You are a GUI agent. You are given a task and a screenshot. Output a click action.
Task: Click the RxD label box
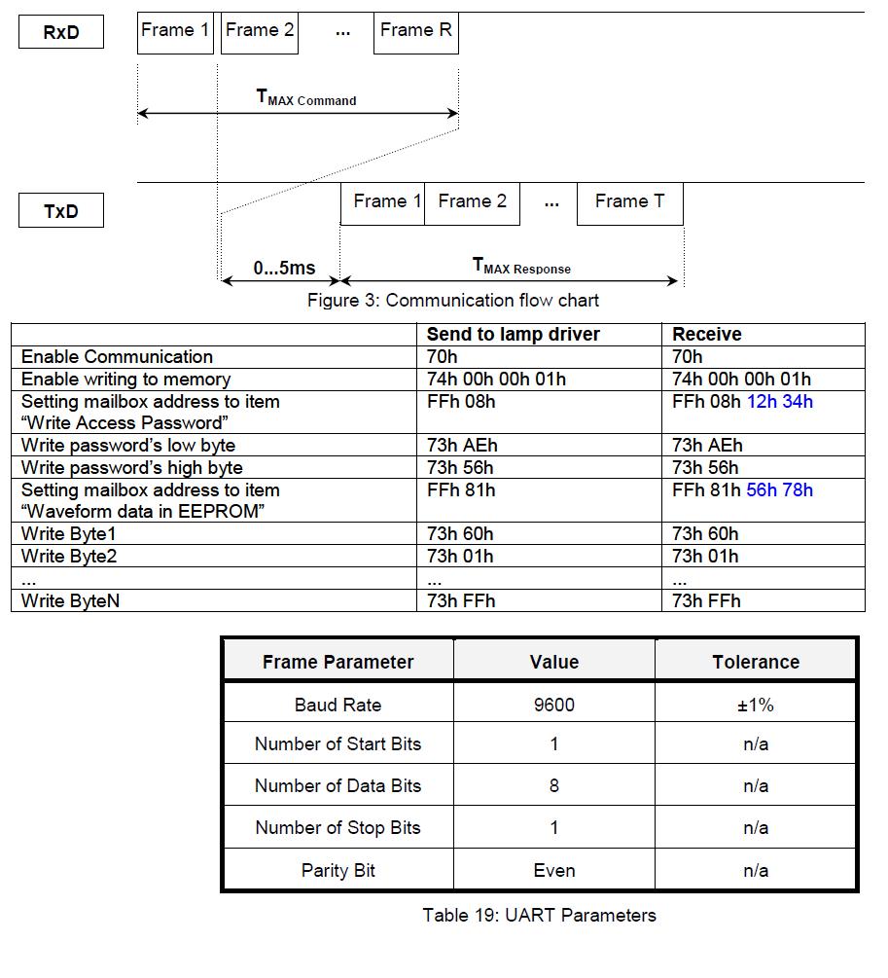tap(60, 32)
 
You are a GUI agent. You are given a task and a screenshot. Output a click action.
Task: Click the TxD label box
tap(60, 210)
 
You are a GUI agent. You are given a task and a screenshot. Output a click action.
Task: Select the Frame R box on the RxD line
tap(415, 31)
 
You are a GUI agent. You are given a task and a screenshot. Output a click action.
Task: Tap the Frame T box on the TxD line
tap(629, 202)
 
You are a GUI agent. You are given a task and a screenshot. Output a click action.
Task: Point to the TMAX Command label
tap(305, 97)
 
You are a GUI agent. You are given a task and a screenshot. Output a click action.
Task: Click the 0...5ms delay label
tap(284, 268)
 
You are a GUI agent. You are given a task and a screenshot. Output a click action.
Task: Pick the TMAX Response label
tap(521, 266)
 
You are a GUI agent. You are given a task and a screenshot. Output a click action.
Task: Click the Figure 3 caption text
tap(453, 300)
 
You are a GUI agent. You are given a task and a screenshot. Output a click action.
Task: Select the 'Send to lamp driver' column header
tap(513, 334)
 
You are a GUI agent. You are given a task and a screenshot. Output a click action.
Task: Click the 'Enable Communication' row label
tap(117, 356)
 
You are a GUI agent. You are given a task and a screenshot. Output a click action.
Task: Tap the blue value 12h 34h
tap(779, 401)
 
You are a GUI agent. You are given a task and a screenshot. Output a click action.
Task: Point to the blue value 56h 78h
tap(779, 489)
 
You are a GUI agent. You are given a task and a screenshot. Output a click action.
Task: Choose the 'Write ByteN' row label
tap(71, 600)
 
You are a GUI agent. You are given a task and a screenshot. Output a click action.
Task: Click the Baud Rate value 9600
tap(553, 705)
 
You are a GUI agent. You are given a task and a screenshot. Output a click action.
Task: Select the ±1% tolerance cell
tap(756, 705)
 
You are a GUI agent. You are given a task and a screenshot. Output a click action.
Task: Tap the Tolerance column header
tap(756, 662)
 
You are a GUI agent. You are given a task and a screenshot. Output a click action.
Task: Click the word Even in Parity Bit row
tap(553, 870)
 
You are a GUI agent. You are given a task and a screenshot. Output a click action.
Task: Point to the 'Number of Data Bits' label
tap(337, 785)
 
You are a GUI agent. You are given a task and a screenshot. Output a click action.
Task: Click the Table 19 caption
tap(539, 915)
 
